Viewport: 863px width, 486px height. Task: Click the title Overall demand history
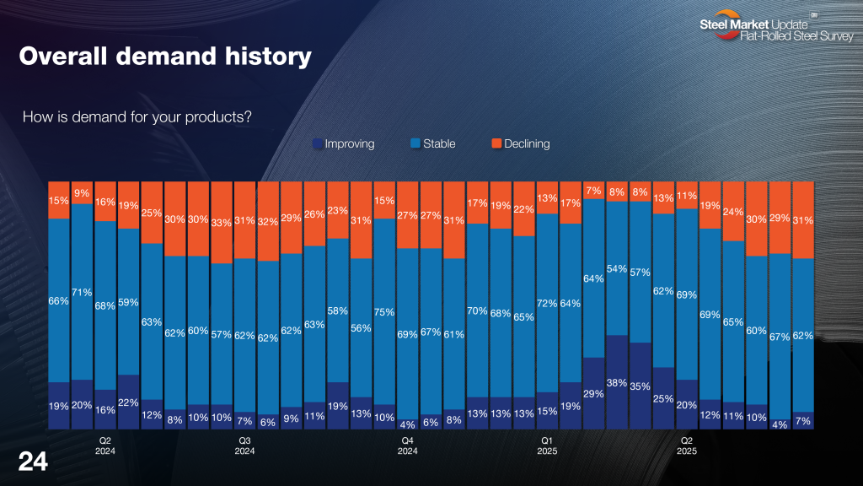click(165, 57)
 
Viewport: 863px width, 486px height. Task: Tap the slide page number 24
click(34, 462)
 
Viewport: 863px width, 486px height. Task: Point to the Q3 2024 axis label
click(244, 445)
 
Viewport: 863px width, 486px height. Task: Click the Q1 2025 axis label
click(546, 445)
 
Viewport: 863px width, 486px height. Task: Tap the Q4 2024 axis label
click(407, 445)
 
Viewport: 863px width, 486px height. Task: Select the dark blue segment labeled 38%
click(617, 381)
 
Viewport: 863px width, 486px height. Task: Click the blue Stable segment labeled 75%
click(384, 312)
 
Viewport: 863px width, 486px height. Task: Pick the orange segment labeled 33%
click(222, 224)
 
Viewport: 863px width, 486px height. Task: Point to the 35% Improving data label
click(640, 386)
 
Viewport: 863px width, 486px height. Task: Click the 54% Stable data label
click(617, 268)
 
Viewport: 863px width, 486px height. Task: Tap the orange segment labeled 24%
click(733, 212)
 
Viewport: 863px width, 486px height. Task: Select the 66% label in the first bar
click(59, 300)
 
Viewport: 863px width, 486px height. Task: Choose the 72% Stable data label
click(546, 303)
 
